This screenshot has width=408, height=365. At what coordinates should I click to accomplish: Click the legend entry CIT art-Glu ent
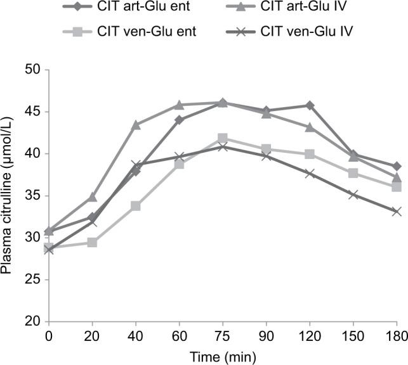point(133,8)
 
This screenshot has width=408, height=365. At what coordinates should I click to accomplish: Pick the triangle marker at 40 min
point(136,125)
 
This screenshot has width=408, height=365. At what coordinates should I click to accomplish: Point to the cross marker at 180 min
point(397,211)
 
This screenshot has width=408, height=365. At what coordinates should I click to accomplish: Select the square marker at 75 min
point(223,138)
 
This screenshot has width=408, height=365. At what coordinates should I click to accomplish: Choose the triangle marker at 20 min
point(93,197)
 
